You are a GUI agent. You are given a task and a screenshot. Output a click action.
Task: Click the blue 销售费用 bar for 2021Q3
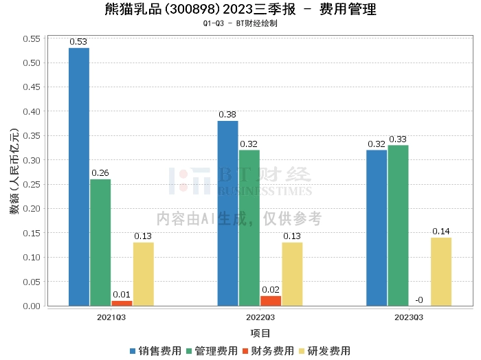(x=79, y=177)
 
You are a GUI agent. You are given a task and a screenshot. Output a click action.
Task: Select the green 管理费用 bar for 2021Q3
(x=100, y=242)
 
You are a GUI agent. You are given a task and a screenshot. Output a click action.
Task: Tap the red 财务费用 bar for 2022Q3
(x=271, y=300)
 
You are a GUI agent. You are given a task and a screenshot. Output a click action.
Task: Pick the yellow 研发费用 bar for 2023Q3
(x=441, y=271)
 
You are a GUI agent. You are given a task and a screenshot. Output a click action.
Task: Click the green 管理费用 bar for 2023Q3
(x=398, y=225)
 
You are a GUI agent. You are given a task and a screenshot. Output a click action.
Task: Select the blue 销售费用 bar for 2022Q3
(x=227, y=213)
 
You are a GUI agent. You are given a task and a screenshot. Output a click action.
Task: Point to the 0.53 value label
(x=79, y=42)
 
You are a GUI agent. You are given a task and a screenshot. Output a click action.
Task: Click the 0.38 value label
(x=227, y=115)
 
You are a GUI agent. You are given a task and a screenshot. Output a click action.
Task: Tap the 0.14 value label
(x=441, y=232)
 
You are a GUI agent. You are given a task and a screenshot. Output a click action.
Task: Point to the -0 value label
(x=418, y=300)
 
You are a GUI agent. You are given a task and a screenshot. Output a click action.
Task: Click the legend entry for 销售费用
(x=155, y=351)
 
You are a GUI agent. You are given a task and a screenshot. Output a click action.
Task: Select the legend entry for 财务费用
(x=268, y=351)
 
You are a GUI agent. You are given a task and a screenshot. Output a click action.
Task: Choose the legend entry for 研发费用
(x=324, y=351)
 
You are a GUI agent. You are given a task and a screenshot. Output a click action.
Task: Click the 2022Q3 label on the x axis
(x=260, y=317)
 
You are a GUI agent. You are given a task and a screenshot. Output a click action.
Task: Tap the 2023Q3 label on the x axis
(x=409, y=317)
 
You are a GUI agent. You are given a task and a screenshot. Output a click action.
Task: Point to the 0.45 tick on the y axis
(x=32, y=87)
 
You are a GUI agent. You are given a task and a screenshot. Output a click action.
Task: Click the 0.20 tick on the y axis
(x=32, y=209)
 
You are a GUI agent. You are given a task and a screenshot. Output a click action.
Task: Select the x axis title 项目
(x=260, y=333)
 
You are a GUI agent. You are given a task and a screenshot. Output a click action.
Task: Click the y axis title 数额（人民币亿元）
(x=14, y=172)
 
